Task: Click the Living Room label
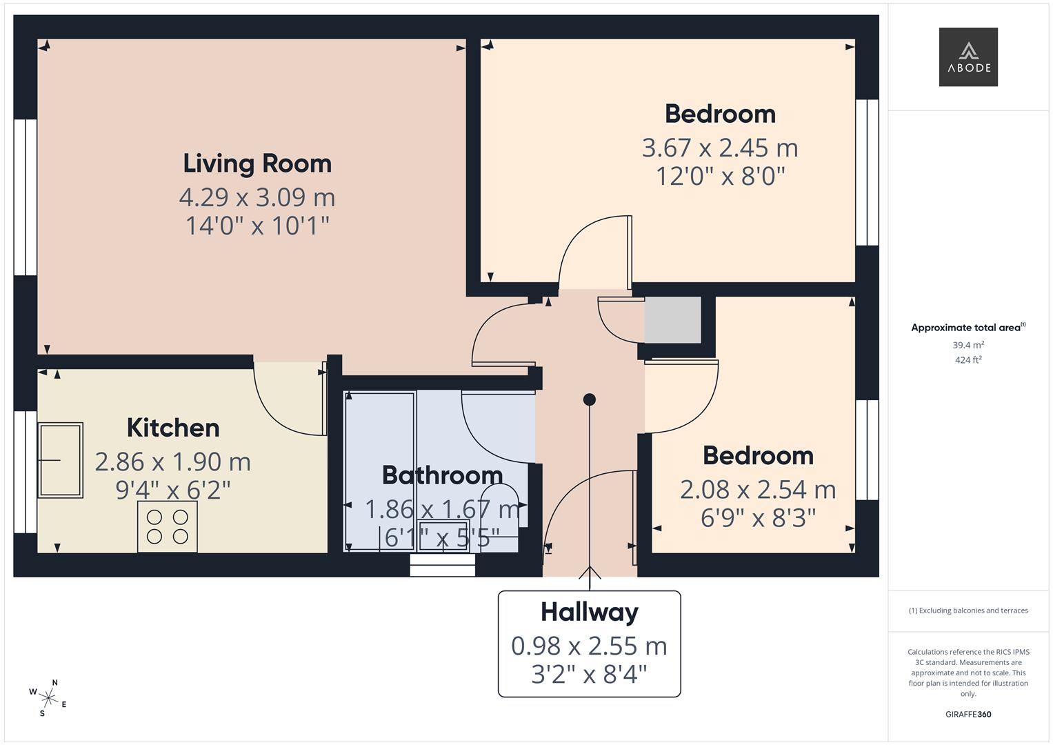click(x=257, y=163)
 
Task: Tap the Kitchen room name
click(x=173, y=428)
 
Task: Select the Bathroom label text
click(x=442, y=475)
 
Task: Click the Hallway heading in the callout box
click(x=590, y=613)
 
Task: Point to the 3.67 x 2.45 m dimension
click(x=720, y=148)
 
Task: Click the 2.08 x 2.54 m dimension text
click(x=758, y=490)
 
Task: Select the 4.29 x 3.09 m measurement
click(x=257, y=197)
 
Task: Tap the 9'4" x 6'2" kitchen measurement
click(x=173, y=490)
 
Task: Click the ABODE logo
click(x=968, y=57)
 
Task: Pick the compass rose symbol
click(x=48, y=699)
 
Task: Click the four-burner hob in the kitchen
click(x=168, y=527)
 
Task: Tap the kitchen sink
click(x=60, y=460)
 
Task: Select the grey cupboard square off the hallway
click(x=673, y=320)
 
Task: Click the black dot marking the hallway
click(x=590, y=399)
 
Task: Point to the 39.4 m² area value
click(x=968, y=345)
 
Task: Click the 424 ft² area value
click(x=968, y=360)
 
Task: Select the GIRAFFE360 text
click(x=968, y=714)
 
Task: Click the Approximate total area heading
click(x=968, y=328)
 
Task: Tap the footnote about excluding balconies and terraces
click(x=968, y=610)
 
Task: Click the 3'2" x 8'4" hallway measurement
click(x=590, y=675)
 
